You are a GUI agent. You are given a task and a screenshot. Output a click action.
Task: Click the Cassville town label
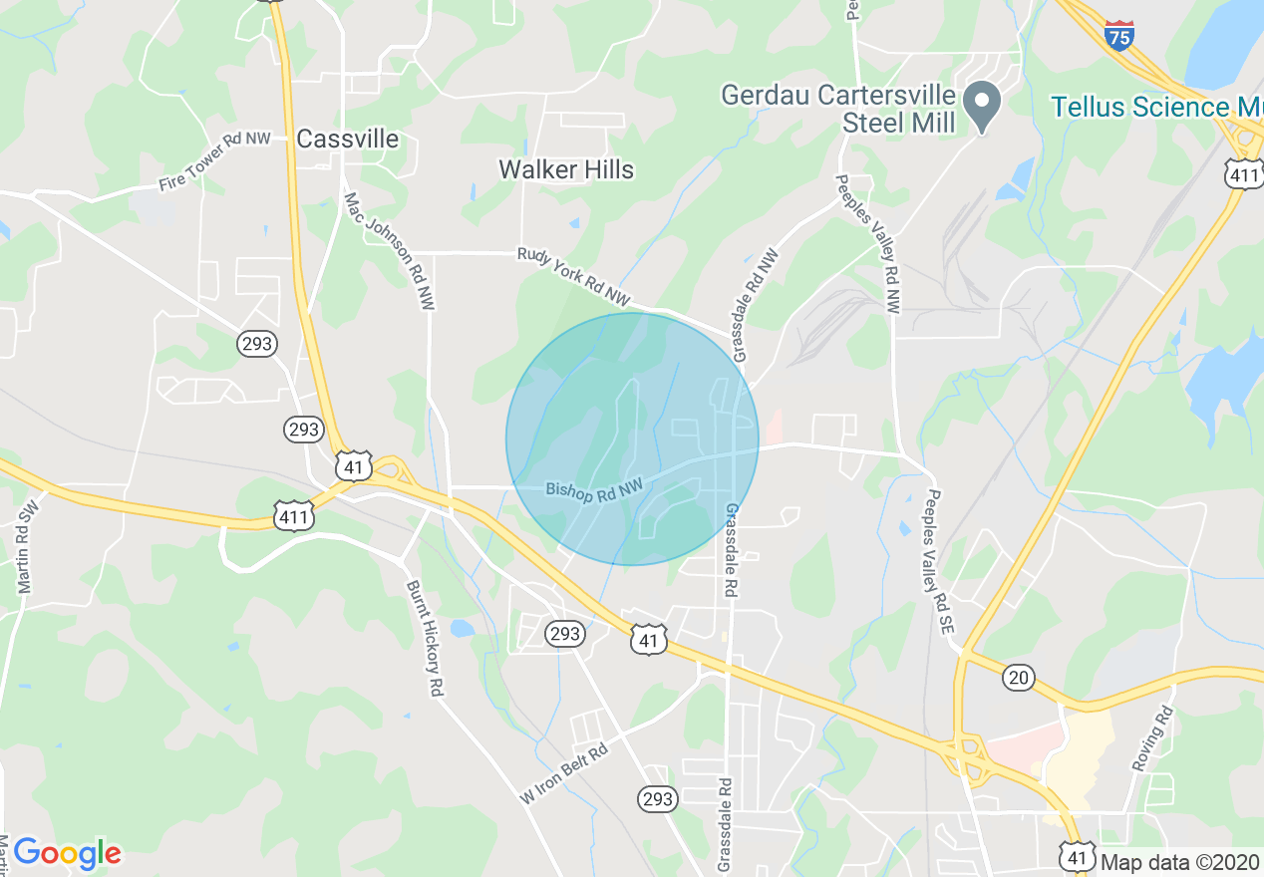tap(348, 140)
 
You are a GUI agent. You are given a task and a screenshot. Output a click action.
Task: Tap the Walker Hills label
tap(566, 169)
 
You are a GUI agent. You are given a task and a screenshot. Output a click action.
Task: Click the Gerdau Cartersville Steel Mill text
tap(838, 109)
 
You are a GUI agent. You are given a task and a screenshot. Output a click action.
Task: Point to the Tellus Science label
tap(1156, 107)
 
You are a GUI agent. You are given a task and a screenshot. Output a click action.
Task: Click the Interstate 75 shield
tap(1119, 36)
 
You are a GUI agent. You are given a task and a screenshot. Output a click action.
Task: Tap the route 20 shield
tap(1018, 678)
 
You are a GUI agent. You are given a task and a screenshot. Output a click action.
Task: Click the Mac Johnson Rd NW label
tap(390, 250)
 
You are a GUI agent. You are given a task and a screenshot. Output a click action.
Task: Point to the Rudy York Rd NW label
tap(574, 276)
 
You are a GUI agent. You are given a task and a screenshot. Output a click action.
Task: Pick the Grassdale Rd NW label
tap(755, 305)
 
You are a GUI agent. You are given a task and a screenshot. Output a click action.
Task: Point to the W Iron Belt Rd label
tap(563, 775)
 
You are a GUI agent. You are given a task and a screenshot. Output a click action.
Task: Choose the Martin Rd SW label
tap(27, 553)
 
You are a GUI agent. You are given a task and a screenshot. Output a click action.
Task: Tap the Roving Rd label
tap(1152, 738)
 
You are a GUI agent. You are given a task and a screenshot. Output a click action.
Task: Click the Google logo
tap(68, 852)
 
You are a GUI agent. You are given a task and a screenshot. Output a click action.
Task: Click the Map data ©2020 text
tap(1179, 861)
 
